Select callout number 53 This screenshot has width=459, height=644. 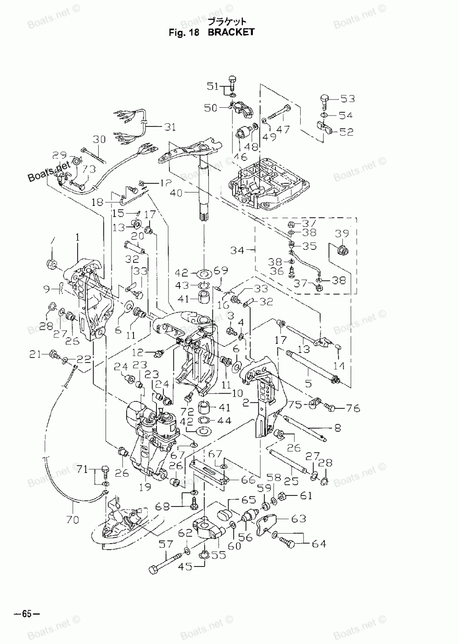click(x=348, y=99)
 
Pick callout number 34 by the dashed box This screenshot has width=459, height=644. click(x=237, y=250)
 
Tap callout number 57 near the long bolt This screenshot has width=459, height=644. click(x=165, y=545)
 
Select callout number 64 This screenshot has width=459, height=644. click(x=319, y=544)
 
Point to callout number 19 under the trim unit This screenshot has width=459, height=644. click(x=145, y=487)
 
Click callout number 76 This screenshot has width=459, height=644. click(x=353, y=408)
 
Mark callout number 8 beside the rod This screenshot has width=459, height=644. click(x=337, y=429)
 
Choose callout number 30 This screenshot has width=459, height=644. click(x=99, y=139)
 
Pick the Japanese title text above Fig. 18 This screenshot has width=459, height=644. click(x=227, y=21)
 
